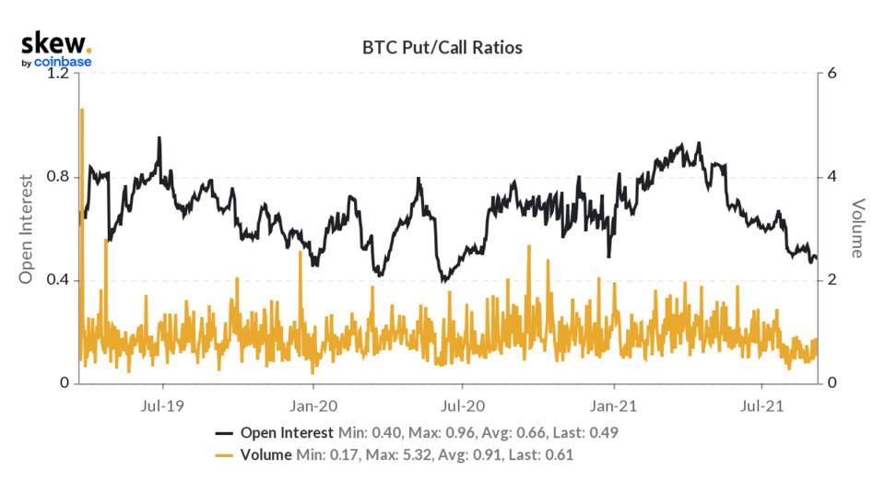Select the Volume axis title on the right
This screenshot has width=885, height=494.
(857, 228)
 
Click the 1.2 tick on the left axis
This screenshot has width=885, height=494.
(58, 74)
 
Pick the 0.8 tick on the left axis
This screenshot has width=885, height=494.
(58, 177)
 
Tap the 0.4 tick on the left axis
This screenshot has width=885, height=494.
(58, 280)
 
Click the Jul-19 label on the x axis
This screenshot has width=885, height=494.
(163, 405)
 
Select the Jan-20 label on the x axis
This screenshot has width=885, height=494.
(314, 405)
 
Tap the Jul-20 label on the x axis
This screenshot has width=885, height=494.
(464, 405)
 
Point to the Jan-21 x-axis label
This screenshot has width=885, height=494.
(615, 405)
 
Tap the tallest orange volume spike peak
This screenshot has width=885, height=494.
(82, 110)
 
